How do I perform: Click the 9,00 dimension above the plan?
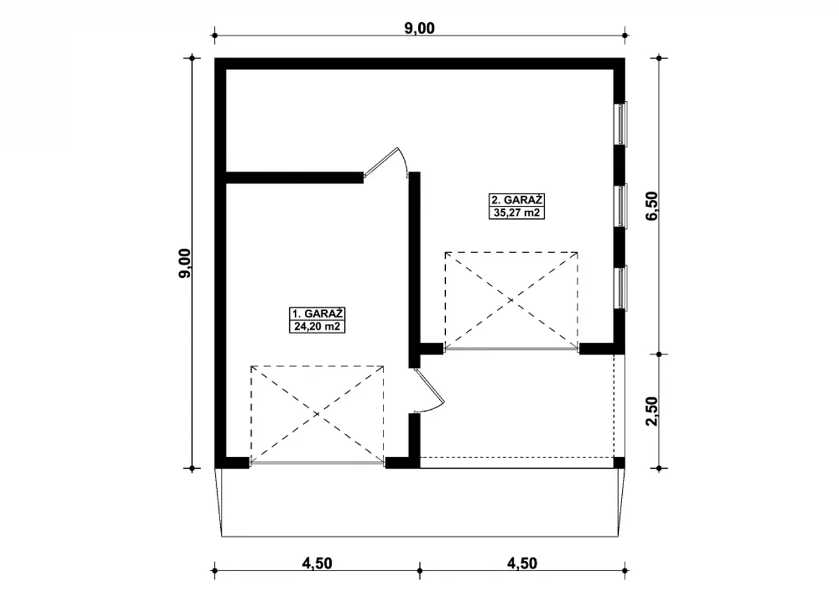click(x=419, y=28)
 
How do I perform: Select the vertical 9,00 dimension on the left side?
click(x=185, y=264)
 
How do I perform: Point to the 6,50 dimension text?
click(x=652, y=206)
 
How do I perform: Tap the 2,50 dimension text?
click(x=652, y=411)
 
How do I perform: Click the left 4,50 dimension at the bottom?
click(x=317, y=563)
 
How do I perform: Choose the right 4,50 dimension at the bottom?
click(x=522, y=563)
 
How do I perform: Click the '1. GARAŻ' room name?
click(x=317, y=313)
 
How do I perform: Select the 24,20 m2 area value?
click(x=317, y=327)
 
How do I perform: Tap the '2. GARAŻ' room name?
click(x=517, y=199)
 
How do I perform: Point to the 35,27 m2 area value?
click(x=517, y=212)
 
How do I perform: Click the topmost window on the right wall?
click(x=621, y=124)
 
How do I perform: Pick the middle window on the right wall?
click(x=621, y=206)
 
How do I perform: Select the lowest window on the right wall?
click(x=621, y=288)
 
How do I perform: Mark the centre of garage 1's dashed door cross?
click(x=317, y=414)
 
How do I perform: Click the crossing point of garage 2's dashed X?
click(x=511, y=300)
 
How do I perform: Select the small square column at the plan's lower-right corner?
click(x=619, y=462)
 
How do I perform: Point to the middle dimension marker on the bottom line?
click(x=419, y=571)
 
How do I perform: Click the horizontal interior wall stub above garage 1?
click(x=295, y=178)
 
